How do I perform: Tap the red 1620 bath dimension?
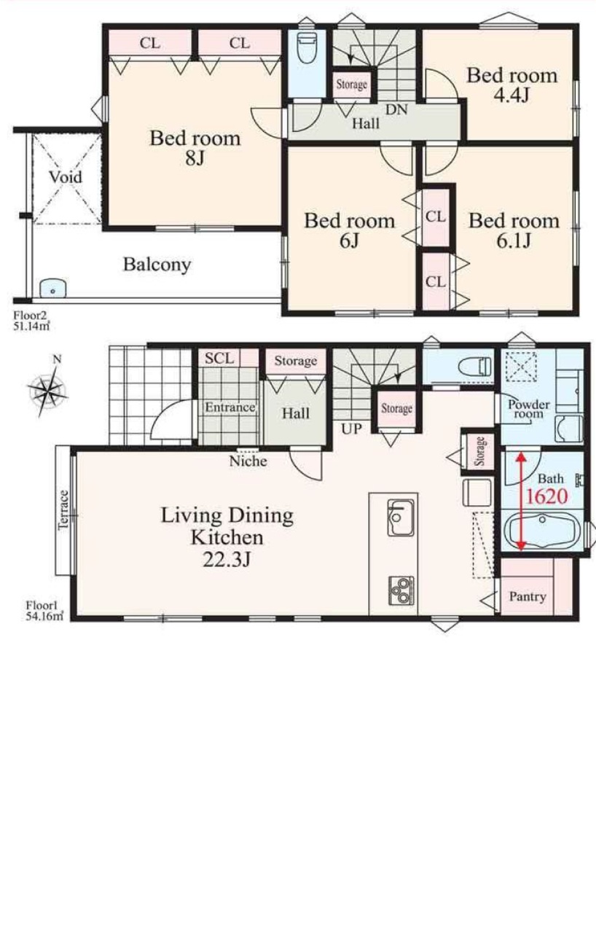(547, 496)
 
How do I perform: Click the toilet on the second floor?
(307, 47)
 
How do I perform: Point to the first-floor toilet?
(474, 367)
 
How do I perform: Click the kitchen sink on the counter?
(401, 517)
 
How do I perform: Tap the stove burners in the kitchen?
(401, 590)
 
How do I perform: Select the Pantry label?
(528, 596)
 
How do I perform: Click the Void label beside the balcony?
(66, 177)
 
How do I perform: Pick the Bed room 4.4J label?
(511, 85)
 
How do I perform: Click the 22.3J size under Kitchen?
(227, 560)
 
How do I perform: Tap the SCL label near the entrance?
(219, 358)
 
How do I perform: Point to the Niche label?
(248, 461)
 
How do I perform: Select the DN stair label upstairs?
(396, 109)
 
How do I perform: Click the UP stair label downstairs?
(352, 429)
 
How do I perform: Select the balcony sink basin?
(53, 287)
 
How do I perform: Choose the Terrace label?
(63, 510)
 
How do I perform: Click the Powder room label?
(528, 409)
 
